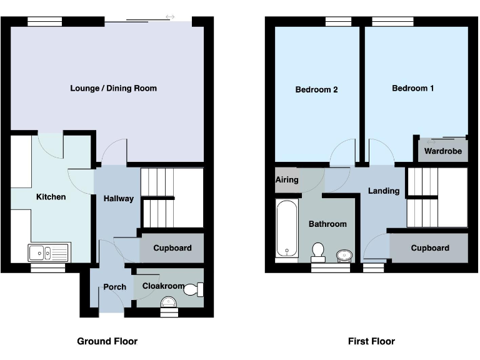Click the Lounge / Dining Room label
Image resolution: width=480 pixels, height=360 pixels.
[x=113, y=88]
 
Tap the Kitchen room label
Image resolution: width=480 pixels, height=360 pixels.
[x=51, y=197]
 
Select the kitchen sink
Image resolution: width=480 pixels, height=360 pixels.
[x=49, y=252]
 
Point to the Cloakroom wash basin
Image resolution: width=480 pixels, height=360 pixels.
[x=169, y=302]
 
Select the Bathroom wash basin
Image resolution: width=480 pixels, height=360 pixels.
[x=344, y=254]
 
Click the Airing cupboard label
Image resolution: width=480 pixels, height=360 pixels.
[x=287, y=180]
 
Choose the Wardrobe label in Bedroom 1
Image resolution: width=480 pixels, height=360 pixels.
[x=442, y=151]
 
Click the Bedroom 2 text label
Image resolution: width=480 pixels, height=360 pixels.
[x=316, y=89]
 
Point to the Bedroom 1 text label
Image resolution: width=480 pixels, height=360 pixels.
[x=412, y=88]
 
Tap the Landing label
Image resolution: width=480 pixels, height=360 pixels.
[x=383, y=191]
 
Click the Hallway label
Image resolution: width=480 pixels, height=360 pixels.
[x=118, y=199]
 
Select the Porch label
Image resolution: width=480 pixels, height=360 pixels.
[x=114, y=287]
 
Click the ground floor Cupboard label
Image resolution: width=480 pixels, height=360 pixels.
[x=172, y=248]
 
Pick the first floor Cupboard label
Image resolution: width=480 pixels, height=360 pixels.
[x=429, y=248]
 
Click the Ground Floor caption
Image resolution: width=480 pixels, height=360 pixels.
[x=107, y=341]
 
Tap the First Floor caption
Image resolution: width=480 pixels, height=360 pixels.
[x=371, y=341]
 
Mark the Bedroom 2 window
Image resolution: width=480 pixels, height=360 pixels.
[x=338, y=22]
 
